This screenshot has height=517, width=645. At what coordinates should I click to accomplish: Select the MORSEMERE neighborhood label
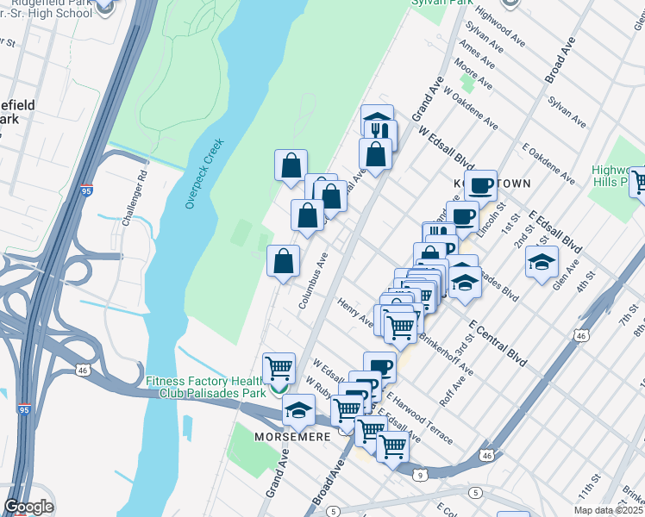tap(294, 437)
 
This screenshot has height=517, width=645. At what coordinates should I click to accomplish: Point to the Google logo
tap(28, 507)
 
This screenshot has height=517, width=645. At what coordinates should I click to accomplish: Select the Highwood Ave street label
tap(500, 28)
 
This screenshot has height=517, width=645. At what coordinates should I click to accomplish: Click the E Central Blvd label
tap(498, 344)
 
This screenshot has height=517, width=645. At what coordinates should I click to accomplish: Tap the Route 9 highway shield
tap(419, 474)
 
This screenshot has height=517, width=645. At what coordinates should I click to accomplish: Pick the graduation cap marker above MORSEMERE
tap(298, 410)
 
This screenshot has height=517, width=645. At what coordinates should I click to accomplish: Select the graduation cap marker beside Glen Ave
tap(542, 263)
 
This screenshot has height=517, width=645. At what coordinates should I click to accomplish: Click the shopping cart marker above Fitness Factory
tap(279, 369)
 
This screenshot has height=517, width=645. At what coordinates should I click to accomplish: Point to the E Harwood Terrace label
tap(420, 418)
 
